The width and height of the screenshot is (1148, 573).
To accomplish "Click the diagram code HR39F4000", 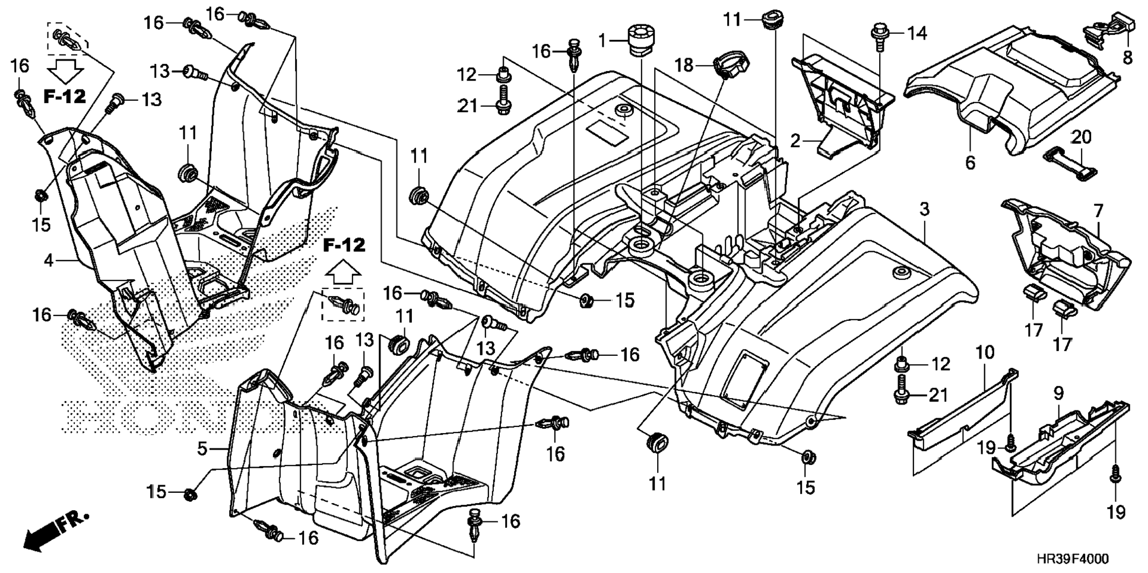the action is (x=1072, y=559).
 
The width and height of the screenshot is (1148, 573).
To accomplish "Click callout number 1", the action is (x=603, y=41).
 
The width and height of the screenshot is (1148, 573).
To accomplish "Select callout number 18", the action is (x=684, y=65).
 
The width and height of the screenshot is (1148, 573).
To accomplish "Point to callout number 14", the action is (x=917, y=33).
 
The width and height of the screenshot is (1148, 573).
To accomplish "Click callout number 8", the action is (x=1127, y=58).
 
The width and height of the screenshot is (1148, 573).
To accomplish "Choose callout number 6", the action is (x=970, y=162).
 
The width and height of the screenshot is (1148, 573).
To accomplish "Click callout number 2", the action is (x=795, y=141).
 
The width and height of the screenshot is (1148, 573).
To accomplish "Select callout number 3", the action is (x=925, y=209).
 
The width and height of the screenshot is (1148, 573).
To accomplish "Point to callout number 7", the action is (x=1098, y=211).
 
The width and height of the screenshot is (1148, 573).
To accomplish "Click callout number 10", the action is (x=985, y=352).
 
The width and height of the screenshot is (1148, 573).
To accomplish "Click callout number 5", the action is (x=202, y=448).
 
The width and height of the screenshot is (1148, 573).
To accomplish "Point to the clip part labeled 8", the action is (x=1109, y=30).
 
